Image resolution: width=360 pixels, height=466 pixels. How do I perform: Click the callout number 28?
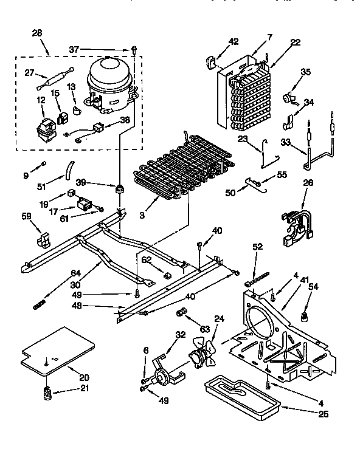[36, 32]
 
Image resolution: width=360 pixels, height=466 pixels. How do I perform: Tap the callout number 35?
[305, 72]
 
